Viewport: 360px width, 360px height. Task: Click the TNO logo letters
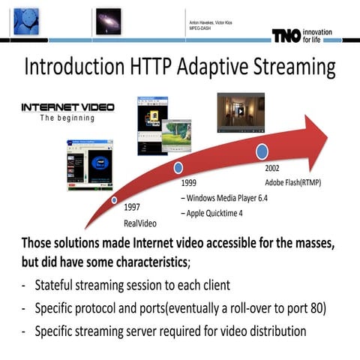pos(286,36)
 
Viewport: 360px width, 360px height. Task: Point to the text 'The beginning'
pos(67,118)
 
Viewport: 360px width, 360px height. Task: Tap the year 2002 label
pos(272,168)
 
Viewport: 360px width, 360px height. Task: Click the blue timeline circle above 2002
pos(262,151)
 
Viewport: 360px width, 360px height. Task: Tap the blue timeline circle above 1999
pos(178,167)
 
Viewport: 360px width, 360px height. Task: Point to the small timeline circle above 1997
pos(114,200)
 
